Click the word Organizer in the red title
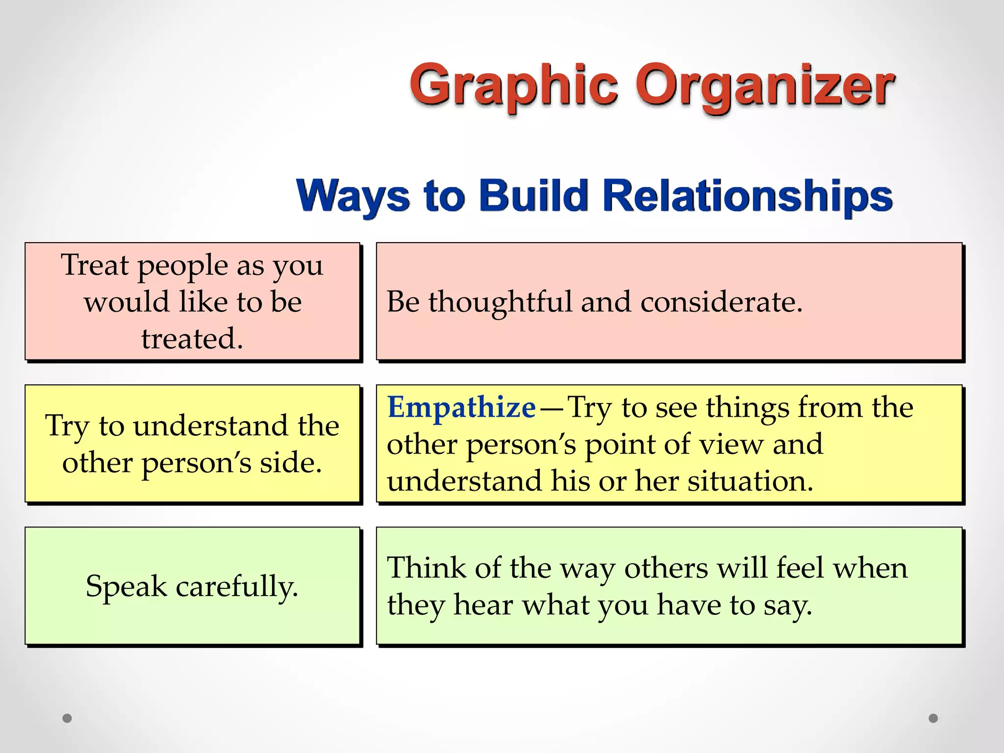(x=765, y=87)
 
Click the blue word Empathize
(x=461, y=407)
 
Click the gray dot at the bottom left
(x=67, y=718)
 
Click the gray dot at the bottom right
(x=933, y=718)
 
